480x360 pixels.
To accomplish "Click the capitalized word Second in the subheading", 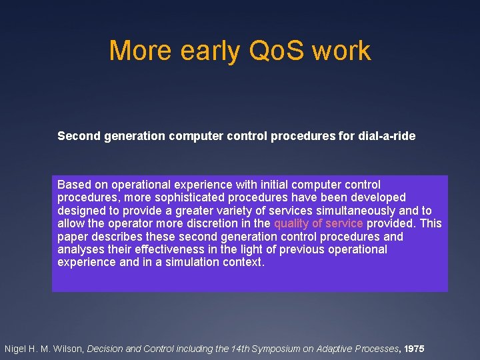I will click(x=77, y=136).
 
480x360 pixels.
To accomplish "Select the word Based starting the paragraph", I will click(x=73, y=185).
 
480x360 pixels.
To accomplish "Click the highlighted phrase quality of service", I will click(x=318, y=223).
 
